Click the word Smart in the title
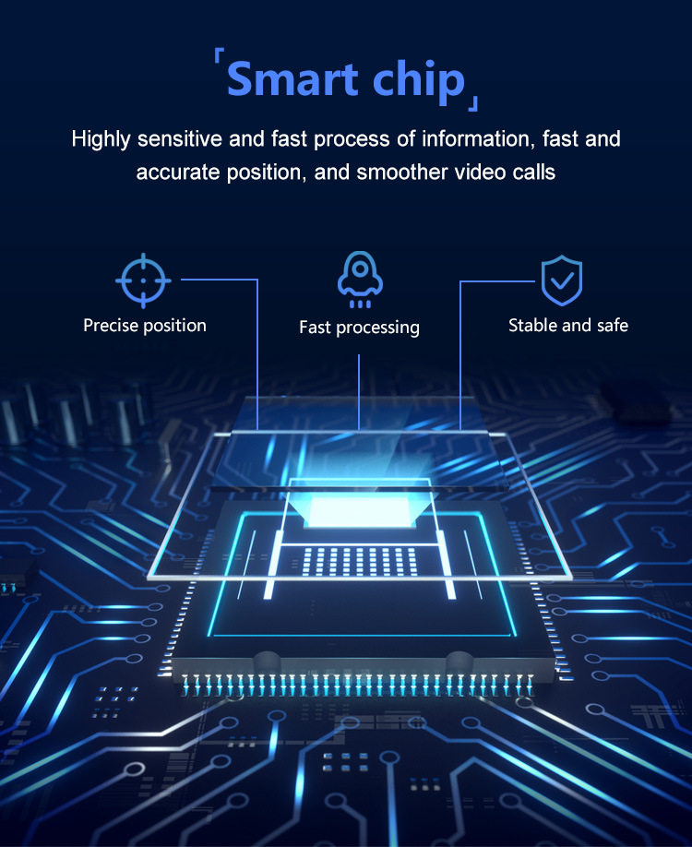coord(292,78)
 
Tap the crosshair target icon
coord(143,280)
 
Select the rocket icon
coord(360,280)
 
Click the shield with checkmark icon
coord(562,280)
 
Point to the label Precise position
coord(145,325)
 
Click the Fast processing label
coord(359,328)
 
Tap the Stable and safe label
coord(568,325)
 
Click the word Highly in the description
coord(101,140)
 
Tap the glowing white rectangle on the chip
coord(359,511)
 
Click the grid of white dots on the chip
coord(359,561)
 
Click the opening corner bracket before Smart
coord(219,55)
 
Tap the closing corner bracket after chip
coord(472,103)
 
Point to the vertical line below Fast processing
coord(359,392)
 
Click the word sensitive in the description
coord(180,139)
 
